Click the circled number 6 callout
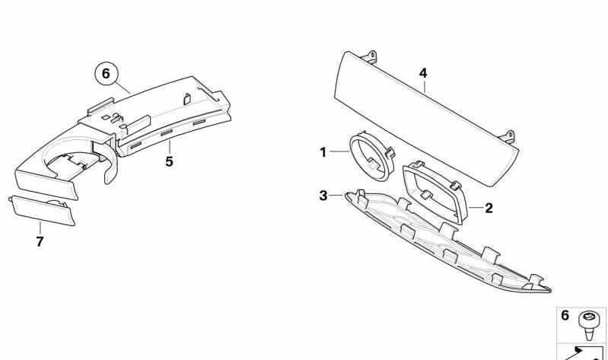[x=106, y=74]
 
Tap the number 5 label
[x=169, y=161]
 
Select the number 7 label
[x=40, y=242]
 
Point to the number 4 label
[x=423, y=74]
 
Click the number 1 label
[x=323, y=152]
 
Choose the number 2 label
[x=489, y=208]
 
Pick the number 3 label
[x=323, y=196]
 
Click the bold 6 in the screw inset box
[x=565, y=316]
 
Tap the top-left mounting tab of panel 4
[x=371, y=56]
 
